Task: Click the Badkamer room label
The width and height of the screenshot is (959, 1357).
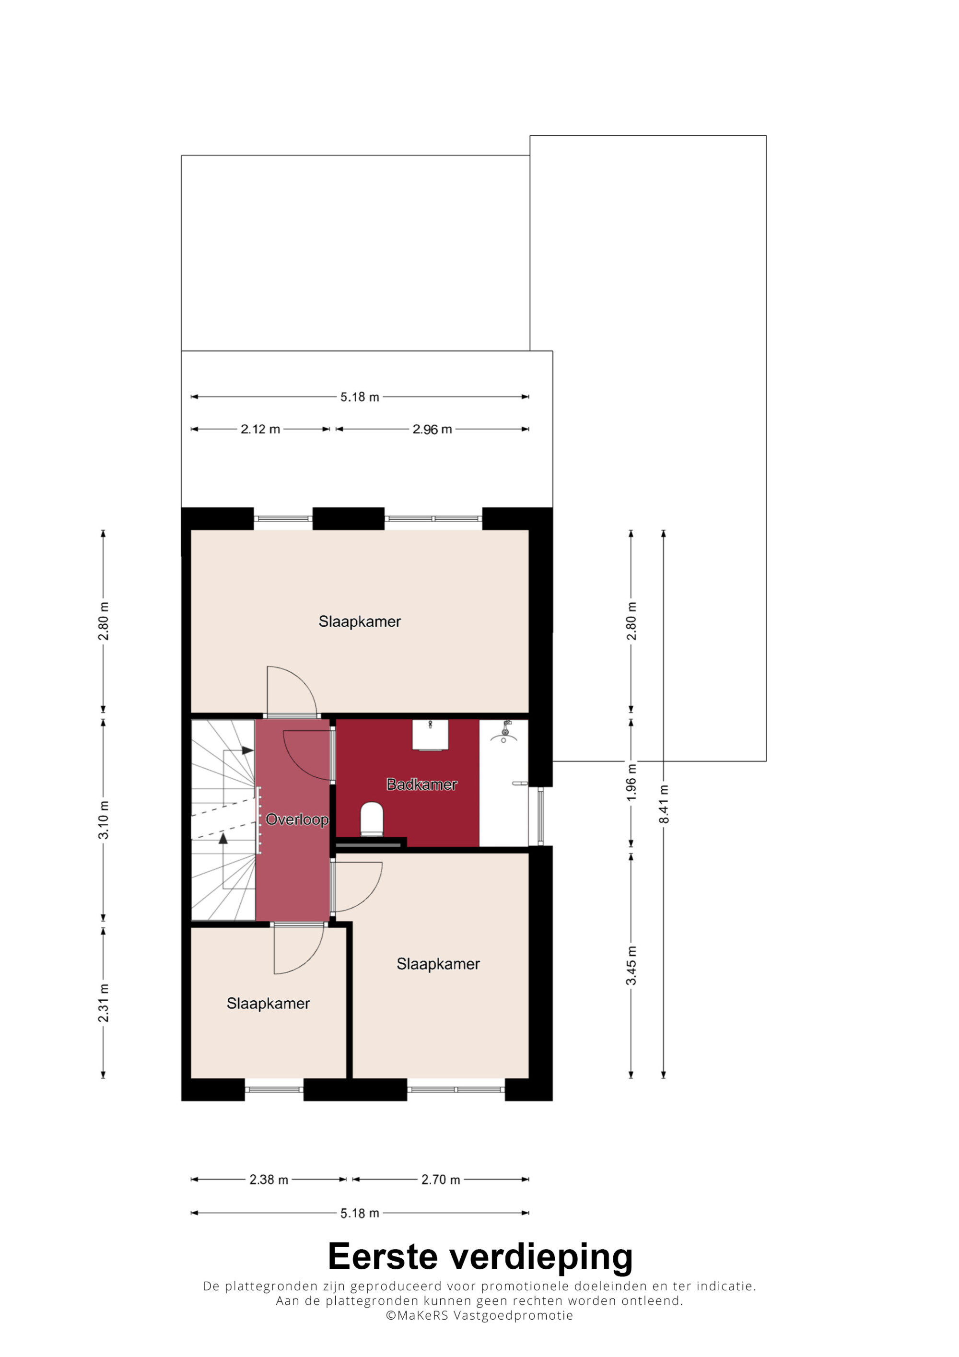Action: (x=421, y=784)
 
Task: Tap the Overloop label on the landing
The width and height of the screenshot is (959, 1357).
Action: (x=297, y=819)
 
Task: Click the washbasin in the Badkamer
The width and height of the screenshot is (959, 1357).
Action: (x=430, y=735)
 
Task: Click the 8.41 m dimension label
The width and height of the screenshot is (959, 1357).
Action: (x=664, y=804)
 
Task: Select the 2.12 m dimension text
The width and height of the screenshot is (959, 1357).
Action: (x=260, y=429)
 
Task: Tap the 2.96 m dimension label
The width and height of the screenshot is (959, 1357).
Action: (x=432, y=429)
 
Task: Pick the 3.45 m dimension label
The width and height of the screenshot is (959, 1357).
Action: (x=631, y=966)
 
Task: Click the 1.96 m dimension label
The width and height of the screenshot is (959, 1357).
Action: (x=631, y=783)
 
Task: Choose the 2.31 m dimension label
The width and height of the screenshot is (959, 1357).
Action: (x=104, y=1003)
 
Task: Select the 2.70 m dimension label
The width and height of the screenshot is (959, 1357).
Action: (x=440, y=1180)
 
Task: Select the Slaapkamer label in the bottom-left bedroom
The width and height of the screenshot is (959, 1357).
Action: (x=268, y=1003)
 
